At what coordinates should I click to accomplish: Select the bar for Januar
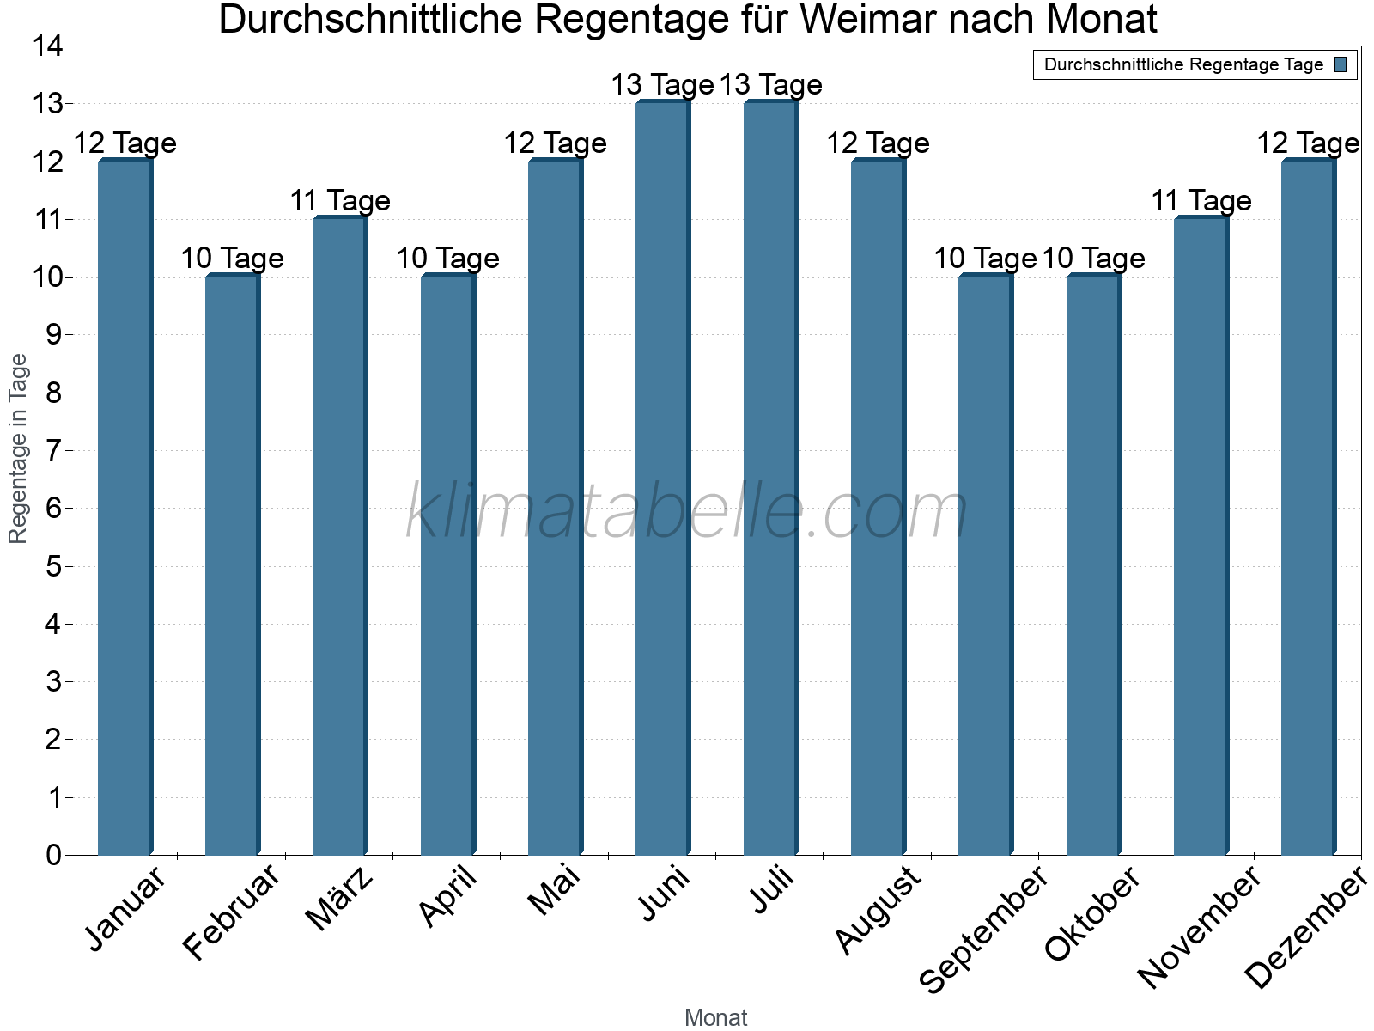pos(125,507)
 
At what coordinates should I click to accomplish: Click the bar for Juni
pos(662,479)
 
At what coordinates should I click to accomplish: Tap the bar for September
pos(985,564)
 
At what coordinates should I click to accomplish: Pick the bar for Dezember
pos(1308,507)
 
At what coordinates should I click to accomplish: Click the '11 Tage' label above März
pos(340,201)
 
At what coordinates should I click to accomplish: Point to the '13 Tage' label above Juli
pos(770,85)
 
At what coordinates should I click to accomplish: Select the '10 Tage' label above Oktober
pos(1093,259)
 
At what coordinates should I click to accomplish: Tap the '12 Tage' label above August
pos(878,143)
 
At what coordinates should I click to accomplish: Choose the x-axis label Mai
pos(554,891)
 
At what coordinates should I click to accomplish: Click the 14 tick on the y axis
pos(48,46)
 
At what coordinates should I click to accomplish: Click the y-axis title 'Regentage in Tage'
pos(19,448)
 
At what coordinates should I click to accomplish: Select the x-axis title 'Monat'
pos(715,1018)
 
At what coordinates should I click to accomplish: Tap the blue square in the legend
pos(1341,64)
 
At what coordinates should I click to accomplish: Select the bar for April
pos(447,564)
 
